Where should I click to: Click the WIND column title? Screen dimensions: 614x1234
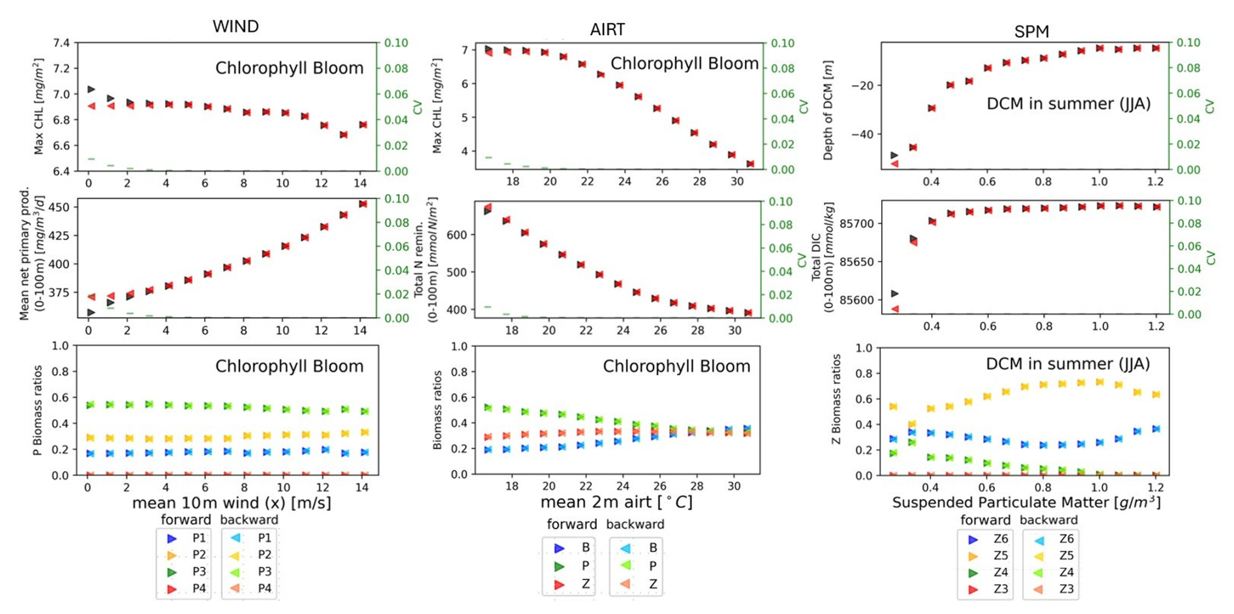point(235,27)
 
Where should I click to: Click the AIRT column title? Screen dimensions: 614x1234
point(607,29)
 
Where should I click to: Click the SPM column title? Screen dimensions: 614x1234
point(1031,31)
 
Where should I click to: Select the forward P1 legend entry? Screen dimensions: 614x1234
point(185,538)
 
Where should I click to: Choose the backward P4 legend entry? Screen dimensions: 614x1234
point(251,589)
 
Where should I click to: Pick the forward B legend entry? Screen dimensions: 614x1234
point(571,548)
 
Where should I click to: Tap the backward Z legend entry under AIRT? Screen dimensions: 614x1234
point(638,584)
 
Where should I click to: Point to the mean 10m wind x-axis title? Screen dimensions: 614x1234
point(232,503)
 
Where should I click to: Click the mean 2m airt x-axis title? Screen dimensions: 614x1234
point(616,503)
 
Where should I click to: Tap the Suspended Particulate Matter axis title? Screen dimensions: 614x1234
point(1026,503)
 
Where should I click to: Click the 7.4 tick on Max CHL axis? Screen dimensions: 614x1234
point(61,43)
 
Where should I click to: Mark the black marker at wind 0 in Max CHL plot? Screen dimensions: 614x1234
point(91,89)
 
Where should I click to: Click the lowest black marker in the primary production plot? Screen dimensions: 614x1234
point(91,313)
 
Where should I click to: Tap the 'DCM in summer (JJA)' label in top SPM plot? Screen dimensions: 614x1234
point(1068,104)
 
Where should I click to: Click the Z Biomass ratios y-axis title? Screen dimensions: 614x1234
point(836,400)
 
